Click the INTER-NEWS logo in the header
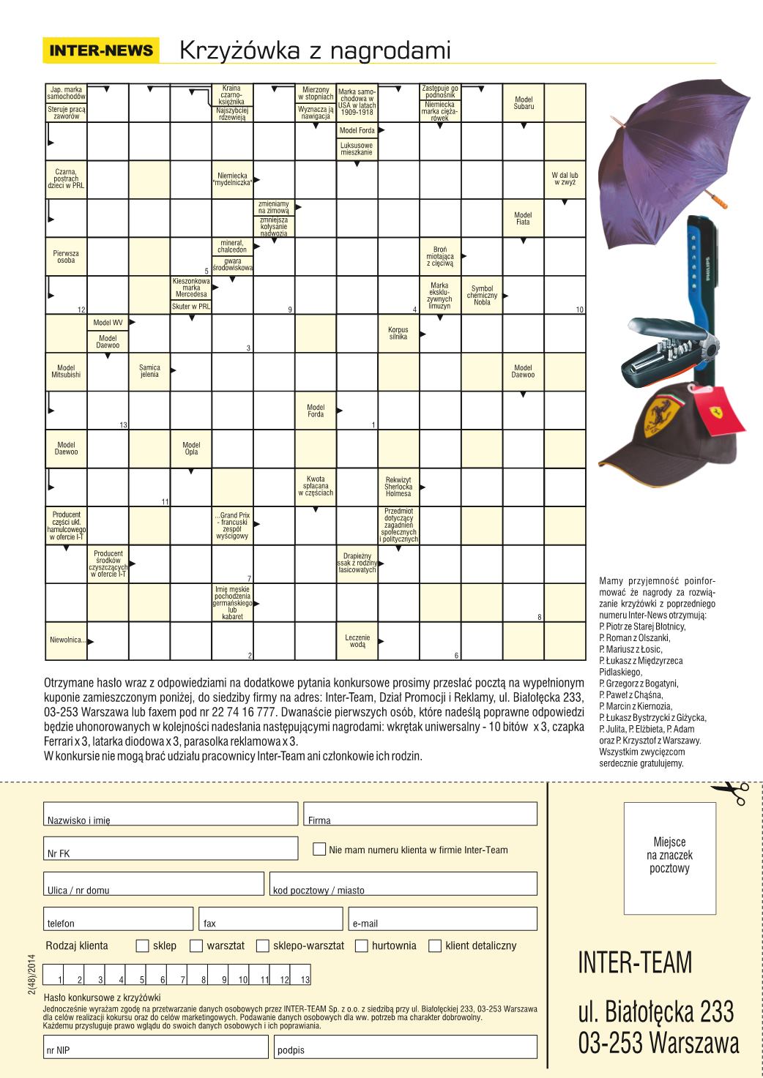pos(101,50)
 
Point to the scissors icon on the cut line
pos(729,792)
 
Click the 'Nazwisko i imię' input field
pos(171,814)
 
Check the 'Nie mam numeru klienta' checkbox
pos(319,849)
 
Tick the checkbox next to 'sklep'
pos(143,946)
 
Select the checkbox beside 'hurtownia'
pos(361,946)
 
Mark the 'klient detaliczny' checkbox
pos(435,946)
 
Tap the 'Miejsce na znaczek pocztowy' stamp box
pos(669,858)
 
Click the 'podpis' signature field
pos(406,1047)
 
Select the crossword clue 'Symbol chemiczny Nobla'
pos(482,296)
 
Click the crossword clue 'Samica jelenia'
pos(149,372)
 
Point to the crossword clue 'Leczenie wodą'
pos(357,641)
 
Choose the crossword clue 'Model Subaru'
pos(524,103)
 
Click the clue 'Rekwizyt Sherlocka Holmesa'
pos(398,487)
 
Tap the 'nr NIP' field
pos(155,1047)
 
